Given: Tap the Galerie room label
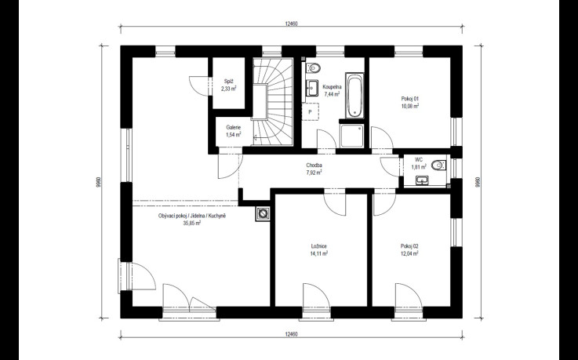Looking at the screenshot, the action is point(234,128).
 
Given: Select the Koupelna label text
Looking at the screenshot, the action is point(332,87).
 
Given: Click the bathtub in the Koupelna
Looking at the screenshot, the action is point(355,96).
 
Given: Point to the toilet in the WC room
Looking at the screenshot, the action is point(438,165).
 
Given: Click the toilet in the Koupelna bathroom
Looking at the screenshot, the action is point(314,68).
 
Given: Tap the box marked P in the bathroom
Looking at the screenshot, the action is point(311,112).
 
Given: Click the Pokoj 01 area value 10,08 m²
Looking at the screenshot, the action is point(410,106).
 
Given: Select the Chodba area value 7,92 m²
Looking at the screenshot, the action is point(314,173).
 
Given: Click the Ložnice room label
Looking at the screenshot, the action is point(319,246).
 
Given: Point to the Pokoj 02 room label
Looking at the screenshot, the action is point(409,246).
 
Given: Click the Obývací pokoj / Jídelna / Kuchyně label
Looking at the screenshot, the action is point(191,216).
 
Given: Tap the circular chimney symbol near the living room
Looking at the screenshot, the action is point(263,213).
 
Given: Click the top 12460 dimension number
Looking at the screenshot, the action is point(291,24).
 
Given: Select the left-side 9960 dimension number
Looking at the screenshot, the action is point(98,182).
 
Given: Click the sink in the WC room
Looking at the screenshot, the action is point(422,180).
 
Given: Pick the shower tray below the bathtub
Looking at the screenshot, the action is point(352,136).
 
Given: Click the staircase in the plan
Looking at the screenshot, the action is point(273,101).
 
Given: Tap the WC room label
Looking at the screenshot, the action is point(419,160).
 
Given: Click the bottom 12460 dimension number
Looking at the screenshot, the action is point(291,335).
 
